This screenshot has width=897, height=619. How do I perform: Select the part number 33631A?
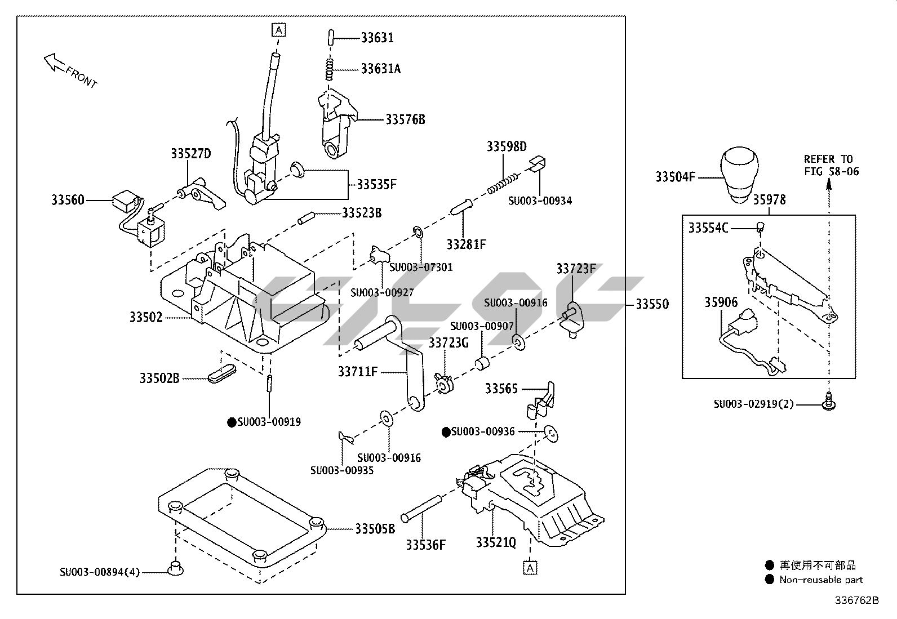point(381,69)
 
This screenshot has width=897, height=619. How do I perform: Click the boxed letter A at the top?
point(278,29)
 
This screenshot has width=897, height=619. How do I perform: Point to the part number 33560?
point(68,200)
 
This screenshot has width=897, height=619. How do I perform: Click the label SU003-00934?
point(540,201)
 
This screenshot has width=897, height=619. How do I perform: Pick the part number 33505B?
point(375,529)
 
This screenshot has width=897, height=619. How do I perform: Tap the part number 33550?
point(652,304)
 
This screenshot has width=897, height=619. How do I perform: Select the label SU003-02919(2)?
point(753,404)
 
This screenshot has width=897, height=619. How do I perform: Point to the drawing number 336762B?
point(856,600)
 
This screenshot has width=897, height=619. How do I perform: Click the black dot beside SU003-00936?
point(446,432)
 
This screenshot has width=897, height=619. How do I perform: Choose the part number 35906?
point(721,302)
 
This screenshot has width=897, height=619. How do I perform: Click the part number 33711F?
point(358,372)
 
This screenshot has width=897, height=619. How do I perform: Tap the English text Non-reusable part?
point(821,580)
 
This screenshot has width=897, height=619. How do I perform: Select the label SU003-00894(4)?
point(100,572)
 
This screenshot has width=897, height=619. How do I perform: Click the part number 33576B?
point(405,119)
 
